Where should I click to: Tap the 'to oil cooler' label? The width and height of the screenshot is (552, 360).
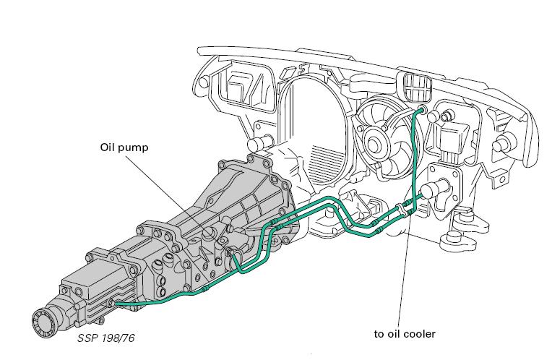(405, 334)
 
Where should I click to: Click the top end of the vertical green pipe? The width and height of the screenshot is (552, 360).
(421, 109)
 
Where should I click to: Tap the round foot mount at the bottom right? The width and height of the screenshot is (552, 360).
(457, 238)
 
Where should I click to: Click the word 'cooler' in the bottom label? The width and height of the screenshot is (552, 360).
(420, 334)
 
